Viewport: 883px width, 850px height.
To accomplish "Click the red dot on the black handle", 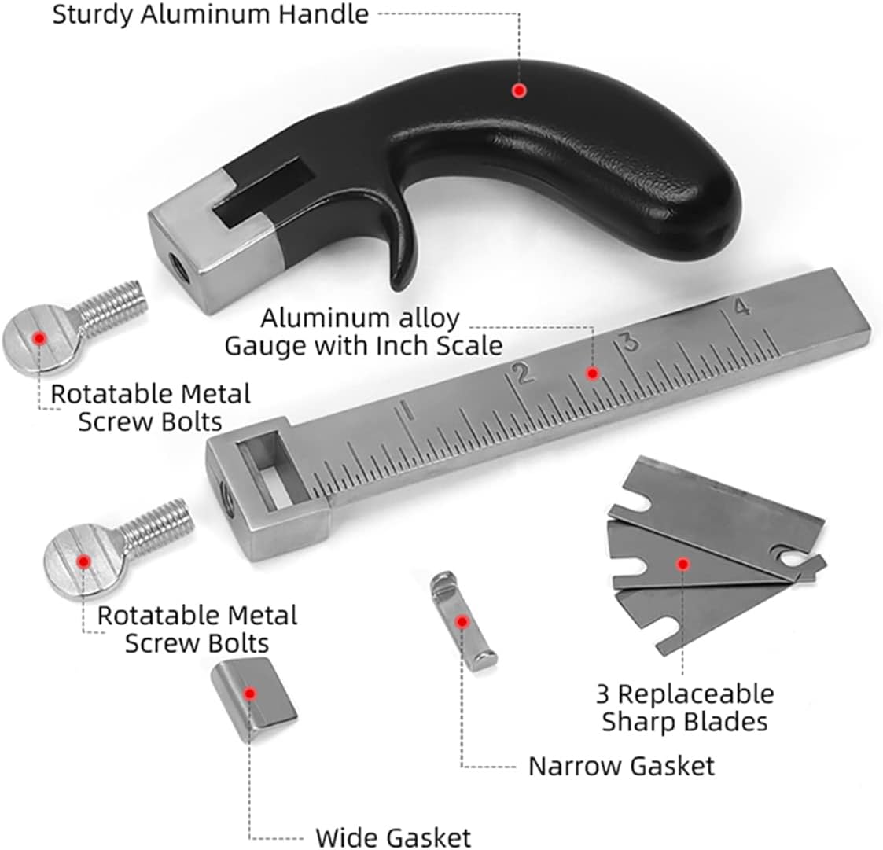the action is [519, 90].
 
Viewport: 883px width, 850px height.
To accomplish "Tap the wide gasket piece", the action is [254, 698].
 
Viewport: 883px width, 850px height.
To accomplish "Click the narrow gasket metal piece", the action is [462, 620].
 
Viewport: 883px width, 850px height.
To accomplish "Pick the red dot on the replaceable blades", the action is [683, 563].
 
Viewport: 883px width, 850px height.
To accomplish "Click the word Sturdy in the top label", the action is [94, 15].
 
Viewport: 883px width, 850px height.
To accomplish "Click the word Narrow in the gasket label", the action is [575, 766].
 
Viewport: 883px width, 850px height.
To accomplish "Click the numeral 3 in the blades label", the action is [602, 694].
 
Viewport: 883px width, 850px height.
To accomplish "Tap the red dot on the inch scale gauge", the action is [592, 373].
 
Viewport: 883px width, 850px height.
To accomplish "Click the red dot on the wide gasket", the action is [250, 693].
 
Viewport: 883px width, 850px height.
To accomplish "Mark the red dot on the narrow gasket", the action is [462, 621].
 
